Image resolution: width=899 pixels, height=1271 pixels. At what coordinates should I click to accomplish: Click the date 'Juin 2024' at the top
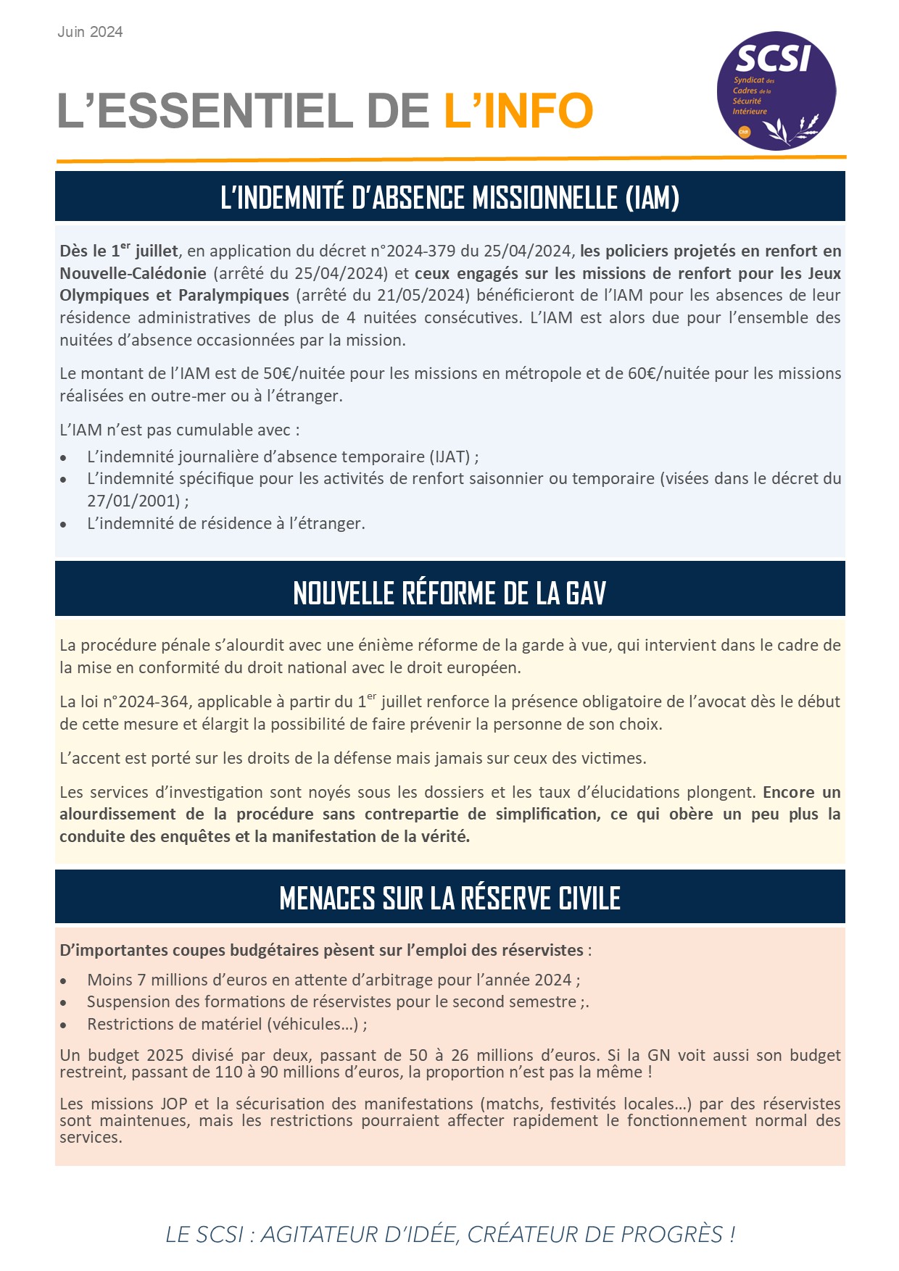tap(90, 32)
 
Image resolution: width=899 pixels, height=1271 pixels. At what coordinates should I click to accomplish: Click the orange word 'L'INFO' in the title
tap(518, 111)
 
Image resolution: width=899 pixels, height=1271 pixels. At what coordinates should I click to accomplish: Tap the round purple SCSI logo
tap(776, 91)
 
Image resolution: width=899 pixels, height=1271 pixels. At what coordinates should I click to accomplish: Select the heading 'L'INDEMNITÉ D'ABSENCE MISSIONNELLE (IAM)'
tap(449, 197)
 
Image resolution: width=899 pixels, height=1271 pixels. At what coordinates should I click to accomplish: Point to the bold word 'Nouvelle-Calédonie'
tap(133, 274)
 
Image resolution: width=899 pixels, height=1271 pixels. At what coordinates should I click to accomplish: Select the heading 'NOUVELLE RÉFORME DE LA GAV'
tap(449, 593)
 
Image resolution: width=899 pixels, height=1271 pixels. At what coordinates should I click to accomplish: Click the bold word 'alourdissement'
tap(117, 814)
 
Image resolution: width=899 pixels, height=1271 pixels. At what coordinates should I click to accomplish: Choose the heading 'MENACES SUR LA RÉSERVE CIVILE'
tap(449, 899)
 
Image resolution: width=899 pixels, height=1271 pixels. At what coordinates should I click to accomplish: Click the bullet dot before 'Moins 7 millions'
tap(64, 981)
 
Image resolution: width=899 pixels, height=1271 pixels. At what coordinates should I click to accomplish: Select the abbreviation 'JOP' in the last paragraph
tap(173, 1104)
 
